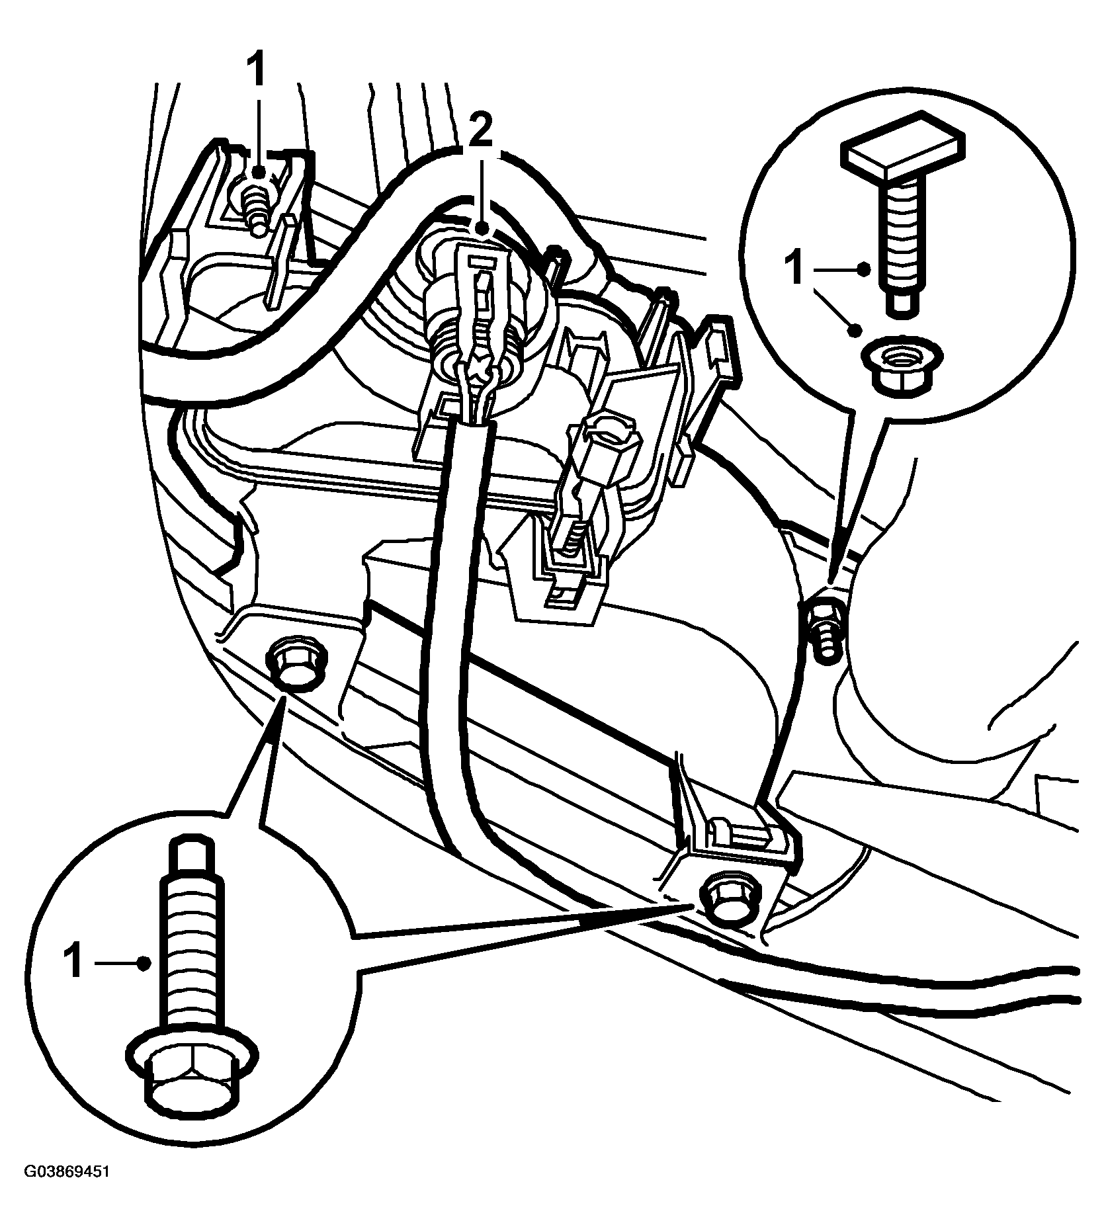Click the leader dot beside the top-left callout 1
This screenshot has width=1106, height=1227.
[259, 171]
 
